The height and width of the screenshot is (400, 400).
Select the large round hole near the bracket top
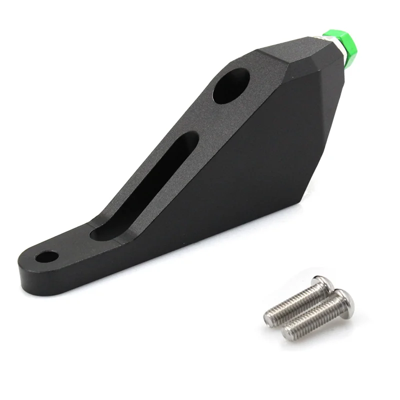[231, 86]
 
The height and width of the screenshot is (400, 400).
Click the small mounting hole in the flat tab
[47, 257]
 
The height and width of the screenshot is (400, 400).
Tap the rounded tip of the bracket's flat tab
[25, 265]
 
